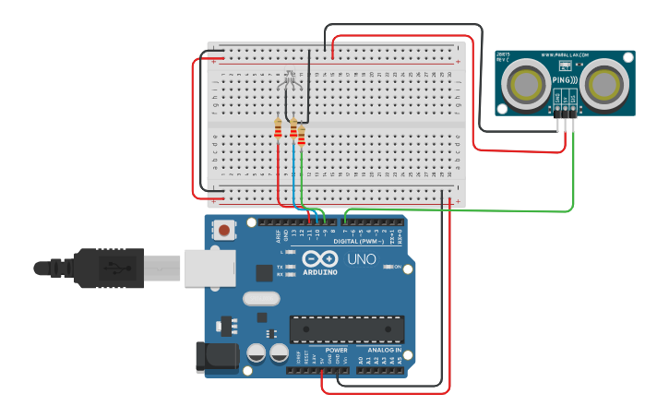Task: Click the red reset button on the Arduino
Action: click(x=223, y=229)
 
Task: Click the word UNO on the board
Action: click(x=362, y=259)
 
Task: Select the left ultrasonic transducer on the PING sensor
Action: click(x=527, y=84)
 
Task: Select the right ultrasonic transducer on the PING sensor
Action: click(x=605, y=84)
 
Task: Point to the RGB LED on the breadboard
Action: click(x=290, y=79)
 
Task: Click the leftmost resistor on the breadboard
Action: click(x=278, y=128)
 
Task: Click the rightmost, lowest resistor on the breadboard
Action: click(x=301, y=137)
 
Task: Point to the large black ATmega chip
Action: click(x=347, y=329)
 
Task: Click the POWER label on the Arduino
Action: click(x=336, y=351)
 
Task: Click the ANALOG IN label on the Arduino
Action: click(x=386, y=351)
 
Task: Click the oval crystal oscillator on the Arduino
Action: click(x=260, y=299)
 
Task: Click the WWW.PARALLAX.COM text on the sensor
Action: click(x=565, y=56)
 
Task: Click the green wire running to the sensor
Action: click(x=574, y=175)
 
